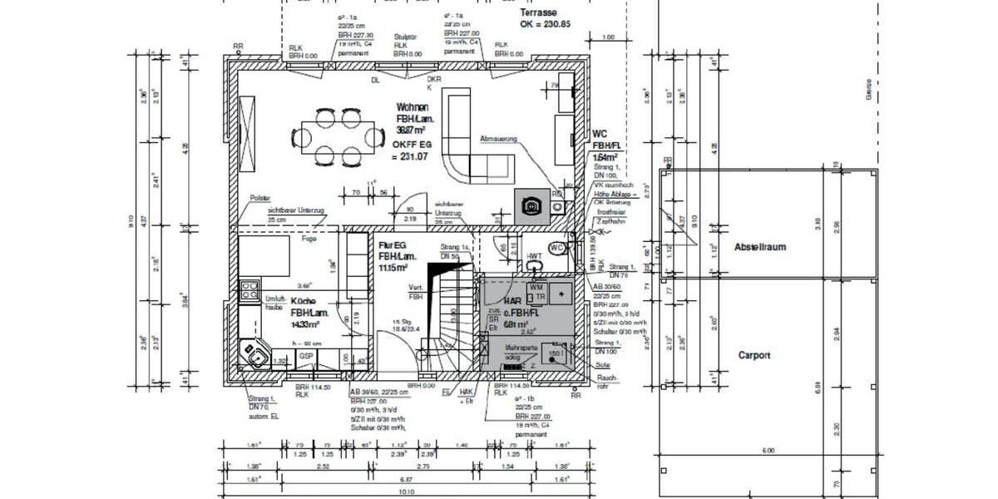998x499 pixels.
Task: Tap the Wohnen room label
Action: (x=413, y=108)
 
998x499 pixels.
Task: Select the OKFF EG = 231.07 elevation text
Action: (x=413, y=150)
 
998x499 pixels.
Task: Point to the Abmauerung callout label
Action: (x=499, y=139)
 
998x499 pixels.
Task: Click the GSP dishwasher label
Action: (x=306, y=356)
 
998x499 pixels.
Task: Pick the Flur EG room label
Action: (x=393, y=247)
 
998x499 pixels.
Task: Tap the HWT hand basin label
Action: (x=534, y=256)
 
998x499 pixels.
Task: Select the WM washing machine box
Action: (x=535, y=287)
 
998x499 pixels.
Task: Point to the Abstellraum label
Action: (x=759, y=247)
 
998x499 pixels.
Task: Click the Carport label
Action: (x=754, y=355)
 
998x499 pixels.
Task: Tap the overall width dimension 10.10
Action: (x=407, y=492)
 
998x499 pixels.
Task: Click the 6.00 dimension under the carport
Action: (x=767, y=450)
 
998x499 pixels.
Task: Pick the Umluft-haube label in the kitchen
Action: (x=274, y=302)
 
